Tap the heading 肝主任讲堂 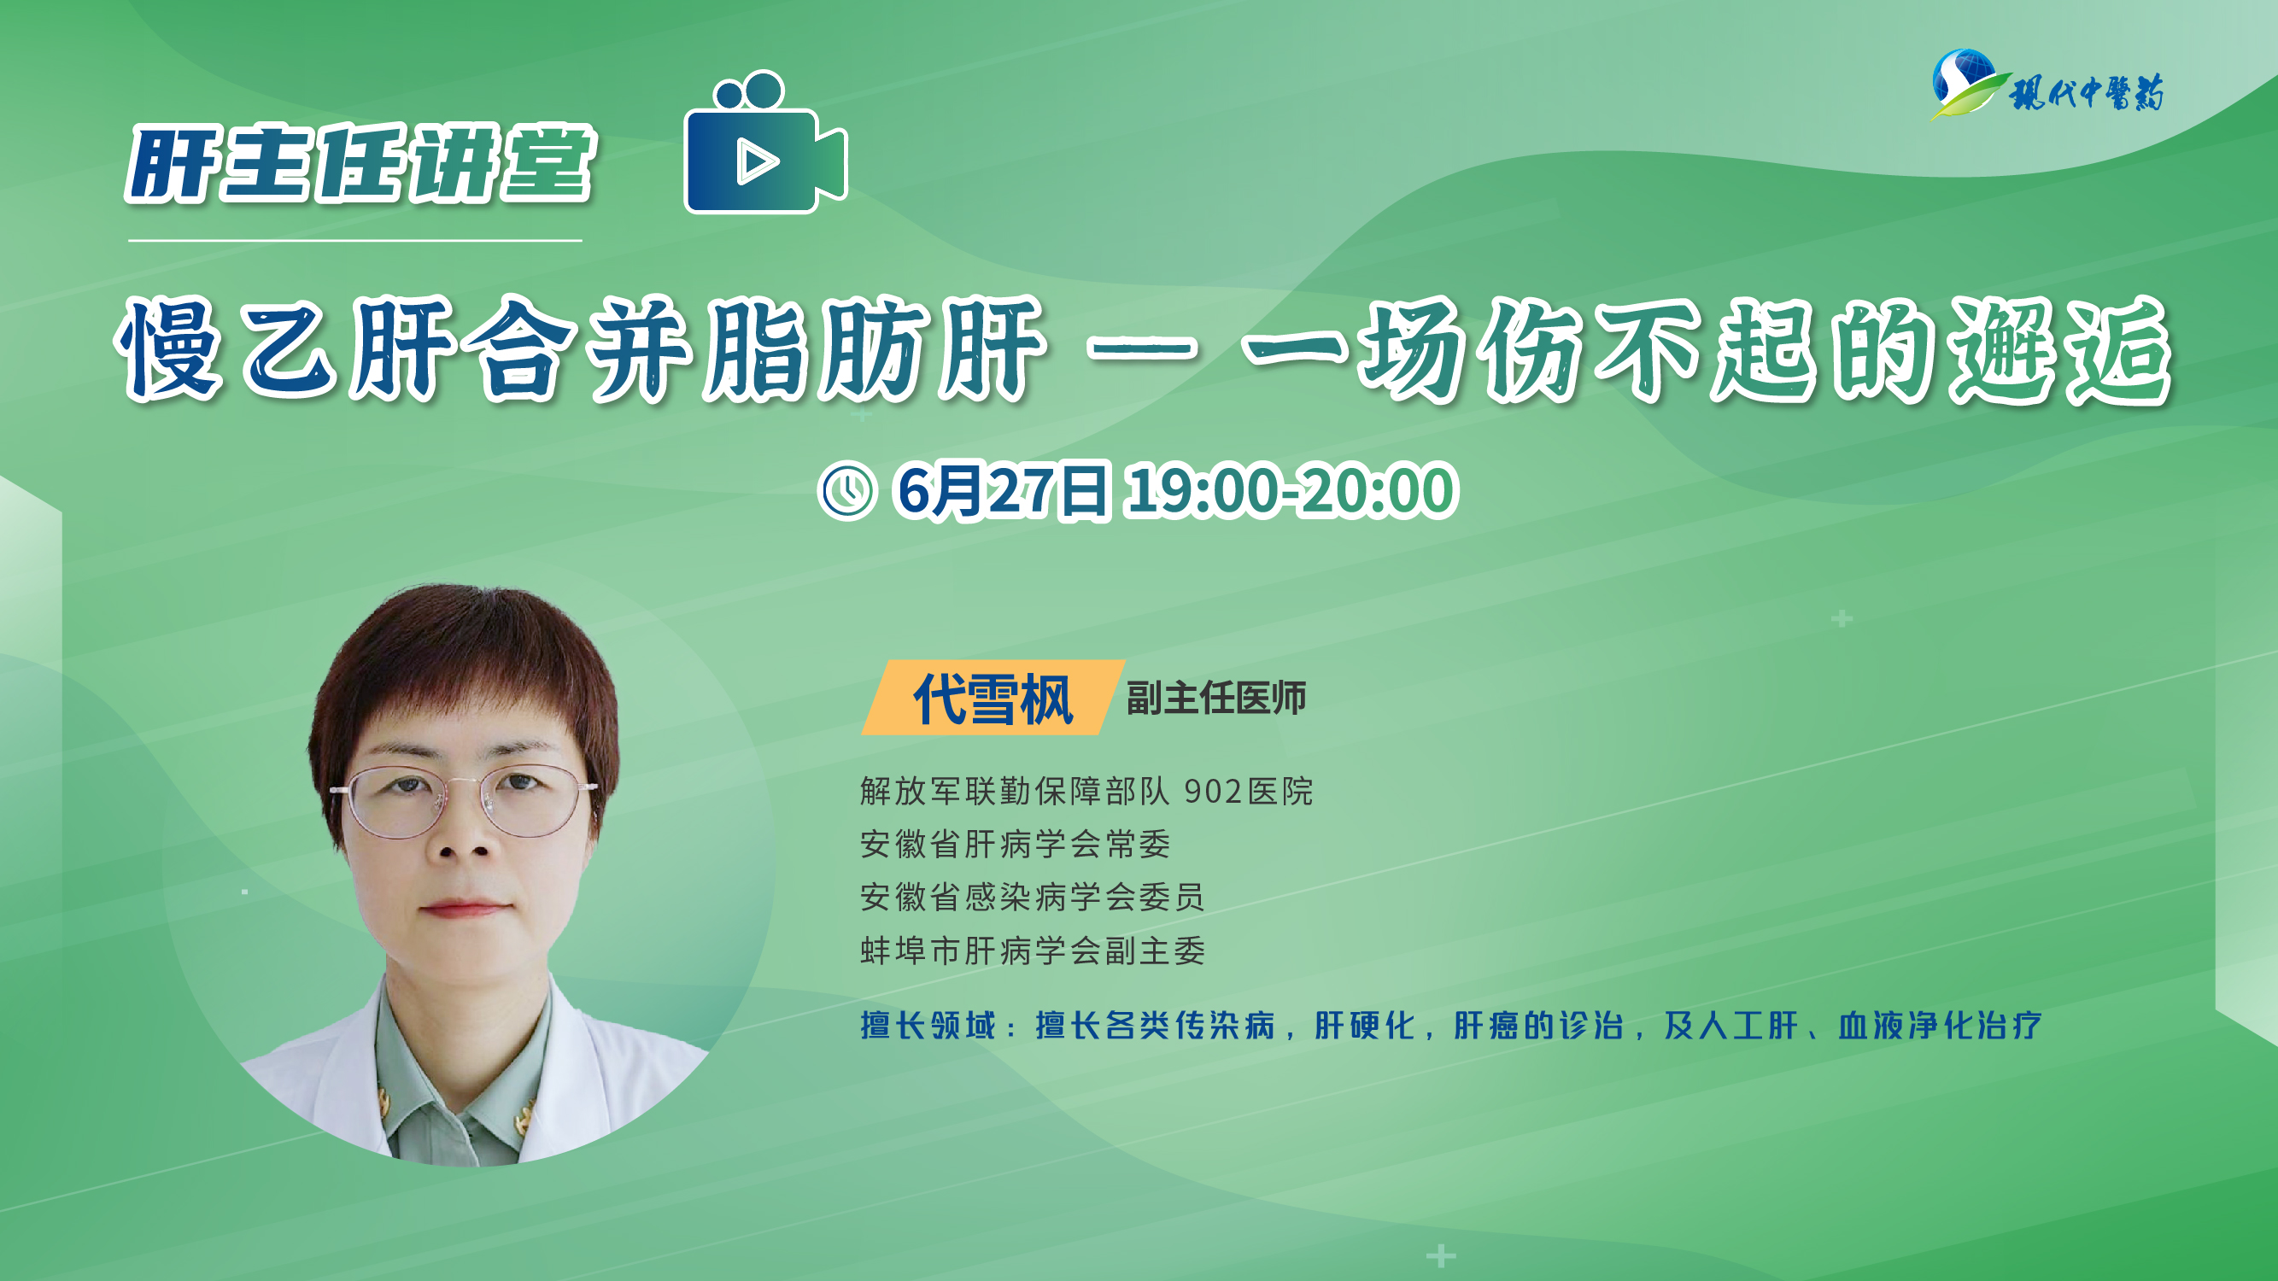tap(360, 164)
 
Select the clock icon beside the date tap(846, 491)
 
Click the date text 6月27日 tap(1002, 491)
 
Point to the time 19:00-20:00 tap(1291, 491)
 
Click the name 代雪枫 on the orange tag tap(993, 699)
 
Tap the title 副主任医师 tap(1216, 699)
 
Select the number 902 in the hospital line tap(1213, 792)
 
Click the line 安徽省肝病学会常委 tap(1016, 845)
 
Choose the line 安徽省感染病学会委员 tap(1032, 898)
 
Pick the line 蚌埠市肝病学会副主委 tap(1032, 951)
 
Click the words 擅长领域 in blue tap(928, 1026)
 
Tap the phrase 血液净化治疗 tap(1941, 1026)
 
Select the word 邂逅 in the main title tap(2060, 349)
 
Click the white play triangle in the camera tap(756, 161)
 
